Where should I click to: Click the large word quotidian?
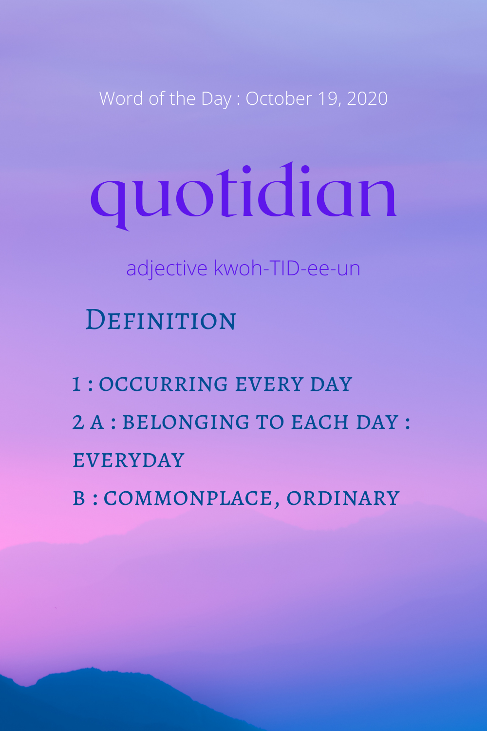(243, 196)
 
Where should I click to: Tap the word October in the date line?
(279, 98)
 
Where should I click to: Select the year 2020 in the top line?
(367, 98)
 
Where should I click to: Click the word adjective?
(167, 269)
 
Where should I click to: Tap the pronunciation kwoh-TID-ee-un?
(287, 268)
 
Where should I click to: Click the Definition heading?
(161, 320)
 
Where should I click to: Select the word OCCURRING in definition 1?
(163, 384)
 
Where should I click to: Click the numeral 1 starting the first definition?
(76, 384)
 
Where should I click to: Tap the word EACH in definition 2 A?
(319, 422)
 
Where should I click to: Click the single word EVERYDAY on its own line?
(129, 460)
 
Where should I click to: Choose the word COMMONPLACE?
(188, 499)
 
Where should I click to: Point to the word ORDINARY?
(343, 499)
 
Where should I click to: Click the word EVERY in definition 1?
(269, 384)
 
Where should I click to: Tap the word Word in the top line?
(121, 98)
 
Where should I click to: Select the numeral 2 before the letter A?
(78, 422)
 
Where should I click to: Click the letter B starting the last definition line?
(78, 499)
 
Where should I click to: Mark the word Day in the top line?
(216, 99)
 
